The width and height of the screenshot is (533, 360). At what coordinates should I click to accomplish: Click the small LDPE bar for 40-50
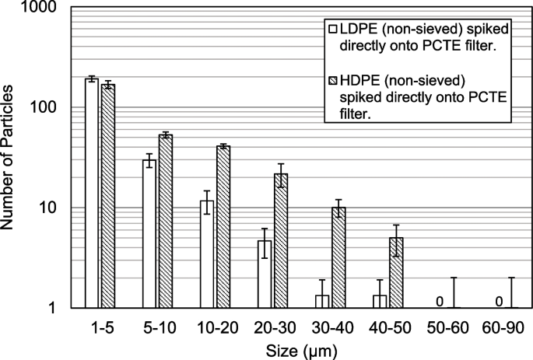tap(380, 301)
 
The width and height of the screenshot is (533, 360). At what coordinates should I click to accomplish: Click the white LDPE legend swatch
tap(332, 27)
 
